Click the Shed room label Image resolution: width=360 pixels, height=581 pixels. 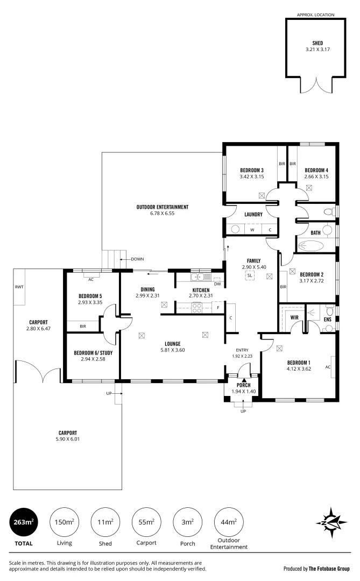pyautogui.click(x=317, y=43)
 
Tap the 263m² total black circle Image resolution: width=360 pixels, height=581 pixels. pyautogui.click(x=23, y=522)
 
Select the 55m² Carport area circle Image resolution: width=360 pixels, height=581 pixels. pyautogui.click(x=146, y=522)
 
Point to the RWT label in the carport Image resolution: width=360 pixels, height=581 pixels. pyautogui.click(x=19, y=287)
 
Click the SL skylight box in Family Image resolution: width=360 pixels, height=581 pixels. pyautogui.click(x=250, y=275)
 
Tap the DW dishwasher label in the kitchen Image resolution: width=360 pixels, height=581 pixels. pyautogui.click(x=217, y=284)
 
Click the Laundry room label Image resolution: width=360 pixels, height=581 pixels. pyautogui.click(x=253, y=215)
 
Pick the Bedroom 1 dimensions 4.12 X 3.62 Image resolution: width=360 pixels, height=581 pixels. pyautogui.click(x=299, y=369)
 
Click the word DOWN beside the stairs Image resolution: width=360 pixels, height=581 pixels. pyautogui.click(x=137, y=259)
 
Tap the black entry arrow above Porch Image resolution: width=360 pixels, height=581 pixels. pyautogui.click(x=244, y=380)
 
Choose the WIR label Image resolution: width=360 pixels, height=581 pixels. pyautogui.click(x=294, y=317)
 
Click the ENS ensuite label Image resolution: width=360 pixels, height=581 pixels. pyautogui.click(x=327, y=320)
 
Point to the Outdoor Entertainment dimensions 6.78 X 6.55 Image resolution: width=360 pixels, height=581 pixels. pyautogui.click(x=162, y=214)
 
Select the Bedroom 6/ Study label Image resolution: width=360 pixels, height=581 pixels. pyautogui.click(x=93, y=353)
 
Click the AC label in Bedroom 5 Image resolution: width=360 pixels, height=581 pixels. pyautogui.click(x=91, y=279)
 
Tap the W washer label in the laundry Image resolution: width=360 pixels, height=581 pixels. pyautogui.click(x=252, y=230)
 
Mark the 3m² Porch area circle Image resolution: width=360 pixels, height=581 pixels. pyautogui.click(x=188, y=522)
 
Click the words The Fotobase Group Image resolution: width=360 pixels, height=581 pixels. pyautogui.click(x=329, y=569)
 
